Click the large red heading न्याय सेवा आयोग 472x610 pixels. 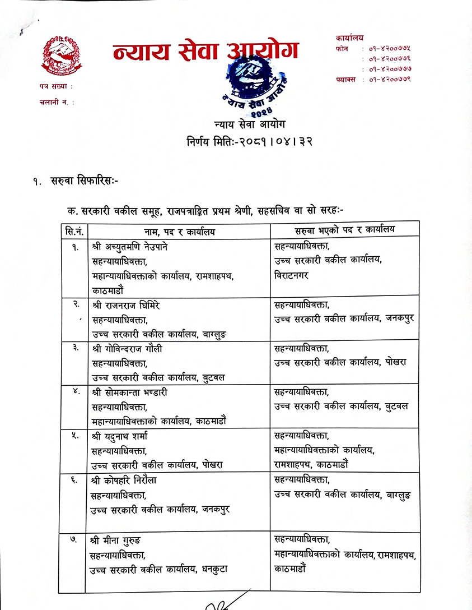tap(205, 52)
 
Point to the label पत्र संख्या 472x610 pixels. tap(56, 87)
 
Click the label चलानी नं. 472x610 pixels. tap(57, 102)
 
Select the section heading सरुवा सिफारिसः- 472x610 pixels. tap(83, 181)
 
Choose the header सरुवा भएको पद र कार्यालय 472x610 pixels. tap(345, 230)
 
